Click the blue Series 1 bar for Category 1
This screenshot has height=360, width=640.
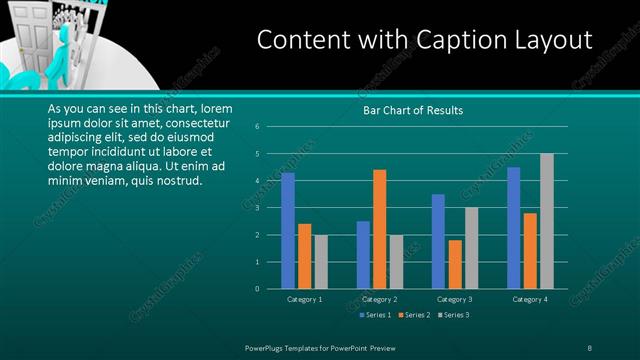coord(288,231)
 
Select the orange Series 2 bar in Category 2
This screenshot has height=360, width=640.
coord(380,229)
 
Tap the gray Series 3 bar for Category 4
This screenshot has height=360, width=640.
coord(546,221)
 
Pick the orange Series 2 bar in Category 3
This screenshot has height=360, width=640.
coord(455,264)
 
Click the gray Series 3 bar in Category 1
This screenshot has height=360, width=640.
coord(320,262)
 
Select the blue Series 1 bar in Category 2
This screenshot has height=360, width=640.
coord(363,255)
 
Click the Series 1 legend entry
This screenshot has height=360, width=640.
coord(374,315)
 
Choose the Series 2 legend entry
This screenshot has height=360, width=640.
coord(413,315)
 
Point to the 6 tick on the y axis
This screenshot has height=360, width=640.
coord(257,127)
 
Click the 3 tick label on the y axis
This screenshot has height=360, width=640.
coord(257,208)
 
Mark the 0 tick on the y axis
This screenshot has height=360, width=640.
coord(257,289)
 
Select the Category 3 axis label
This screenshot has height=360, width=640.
coord(455,299)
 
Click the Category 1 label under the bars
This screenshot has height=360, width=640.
coord(305,299)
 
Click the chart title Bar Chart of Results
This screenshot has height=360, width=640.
coord(412,110)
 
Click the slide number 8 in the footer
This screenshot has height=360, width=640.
coord(590,347)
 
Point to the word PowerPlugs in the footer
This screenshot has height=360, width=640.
coord(266,347)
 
